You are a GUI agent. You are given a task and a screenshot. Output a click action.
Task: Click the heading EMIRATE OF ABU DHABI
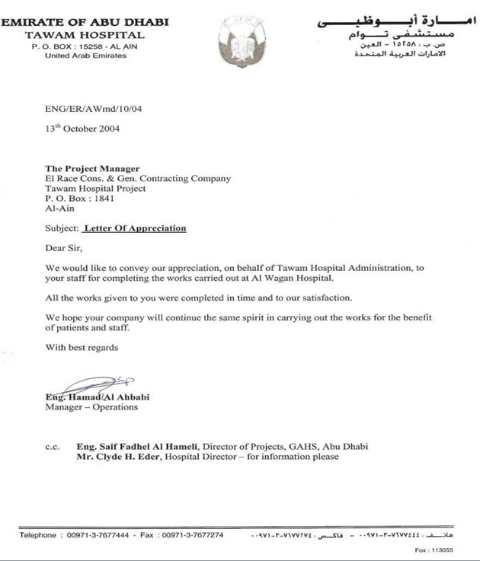(75, 23)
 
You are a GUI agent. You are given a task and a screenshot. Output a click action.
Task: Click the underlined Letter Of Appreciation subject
(135, 228)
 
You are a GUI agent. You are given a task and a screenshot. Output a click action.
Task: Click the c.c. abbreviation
(52, 447)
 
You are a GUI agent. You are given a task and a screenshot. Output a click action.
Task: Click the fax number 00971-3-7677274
(190, 535)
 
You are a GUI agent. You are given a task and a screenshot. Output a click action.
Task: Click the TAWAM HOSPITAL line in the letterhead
(84, 35)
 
